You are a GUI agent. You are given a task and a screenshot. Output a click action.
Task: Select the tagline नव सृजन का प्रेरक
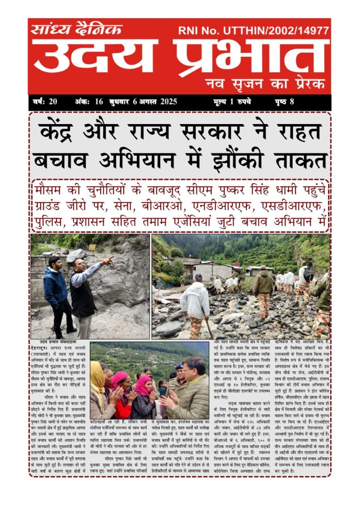(x=265, y=84)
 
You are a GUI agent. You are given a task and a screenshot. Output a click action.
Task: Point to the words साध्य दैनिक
(x=77, y=29)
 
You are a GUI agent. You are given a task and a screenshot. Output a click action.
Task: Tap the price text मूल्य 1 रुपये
(x=232, y=102)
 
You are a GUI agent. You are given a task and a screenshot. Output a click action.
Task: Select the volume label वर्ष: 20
(x=45, y=102)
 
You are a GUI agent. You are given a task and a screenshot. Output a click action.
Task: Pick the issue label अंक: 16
(x=89, y=102)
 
